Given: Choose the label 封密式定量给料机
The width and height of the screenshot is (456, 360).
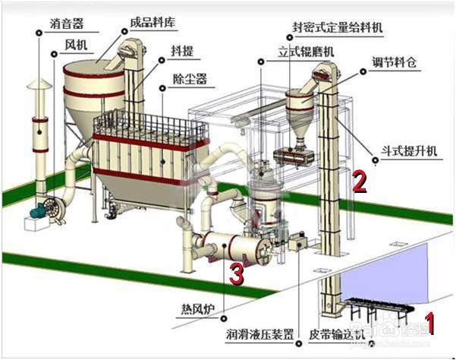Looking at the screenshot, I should [x=338, y=27].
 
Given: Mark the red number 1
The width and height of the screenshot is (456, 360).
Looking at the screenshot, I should [x=430, y=324].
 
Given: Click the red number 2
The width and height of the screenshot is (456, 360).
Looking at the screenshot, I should [x=360, y=181].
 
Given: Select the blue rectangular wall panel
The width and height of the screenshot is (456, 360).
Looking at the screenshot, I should [x=387, y=281].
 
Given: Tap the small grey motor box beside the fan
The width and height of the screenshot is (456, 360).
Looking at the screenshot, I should [x=34, y=217].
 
